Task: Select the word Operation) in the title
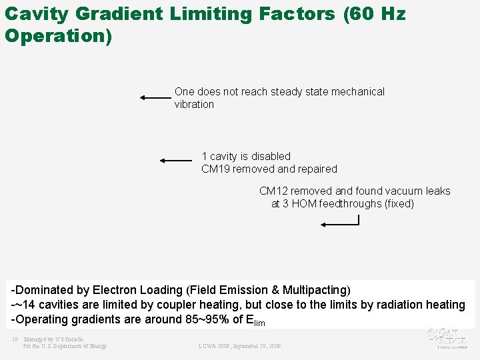click(x=58, y=35)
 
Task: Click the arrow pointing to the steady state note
click(x=155, y=97)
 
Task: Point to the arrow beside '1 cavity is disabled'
click(x=176, y=160)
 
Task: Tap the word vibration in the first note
click(x=194, y=105)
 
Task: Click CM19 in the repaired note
click(x=215, y=169)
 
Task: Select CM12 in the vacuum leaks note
click(x=273, y=191)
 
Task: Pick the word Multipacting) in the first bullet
click(x=317, y=290)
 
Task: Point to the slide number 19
click(x=15, y=339)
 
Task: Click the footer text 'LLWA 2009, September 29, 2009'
click(x=239, y=346)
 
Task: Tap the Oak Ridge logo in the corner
click(x=450, y=337)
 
